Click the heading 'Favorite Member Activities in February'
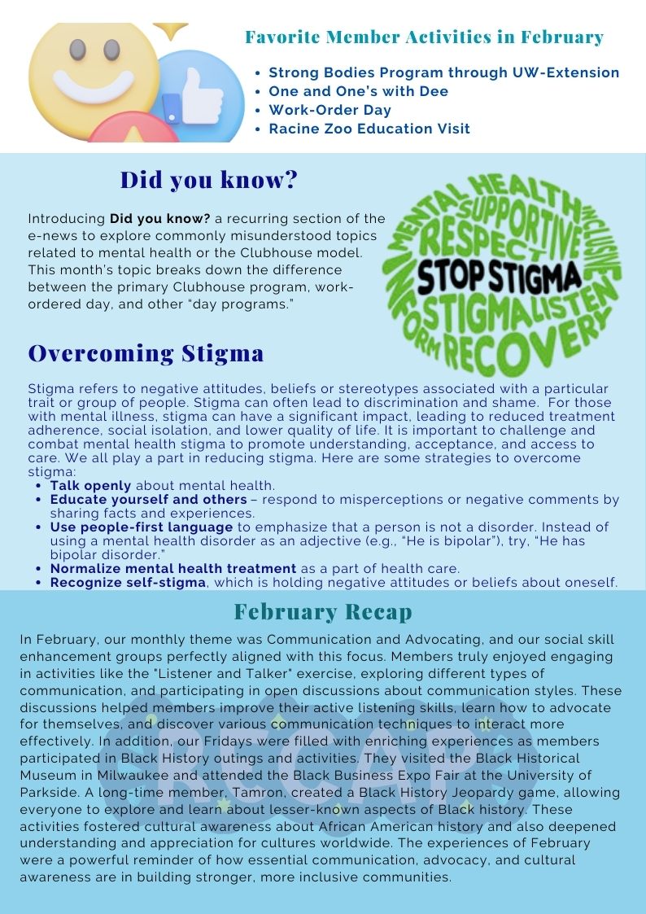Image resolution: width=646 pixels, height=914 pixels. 424,37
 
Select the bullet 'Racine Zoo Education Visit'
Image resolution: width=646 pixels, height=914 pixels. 369,129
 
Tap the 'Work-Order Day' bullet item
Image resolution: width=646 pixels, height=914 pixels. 330,110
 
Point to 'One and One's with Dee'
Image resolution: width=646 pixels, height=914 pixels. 358,91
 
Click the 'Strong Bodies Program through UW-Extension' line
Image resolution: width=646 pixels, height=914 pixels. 443,72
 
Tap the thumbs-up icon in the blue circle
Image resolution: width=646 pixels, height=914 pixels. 191,94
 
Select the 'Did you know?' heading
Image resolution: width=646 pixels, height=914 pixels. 209,179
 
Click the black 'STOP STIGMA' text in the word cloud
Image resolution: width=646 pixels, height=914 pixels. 499,277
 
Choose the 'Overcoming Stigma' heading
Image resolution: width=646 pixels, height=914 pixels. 146,353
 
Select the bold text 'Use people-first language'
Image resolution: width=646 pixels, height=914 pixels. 142,527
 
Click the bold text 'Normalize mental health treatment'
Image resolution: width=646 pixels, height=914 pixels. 172,568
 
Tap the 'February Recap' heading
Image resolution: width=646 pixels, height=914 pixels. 323,612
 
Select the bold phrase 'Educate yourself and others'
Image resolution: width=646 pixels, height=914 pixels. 148,500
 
